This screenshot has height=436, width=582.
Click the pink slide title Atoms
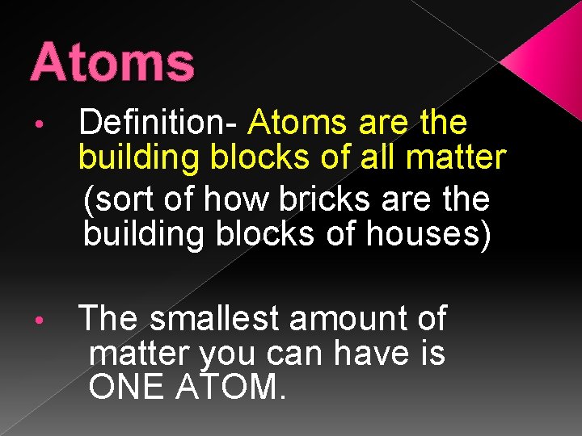click(x=112, y=63)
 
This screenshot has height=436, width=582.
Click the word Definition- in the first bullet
click(x=158, y=124)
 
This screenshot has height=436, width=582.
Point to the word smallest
click(x=215, y=319)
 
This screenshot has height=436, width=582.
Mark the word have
click(x=373, y=353)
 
